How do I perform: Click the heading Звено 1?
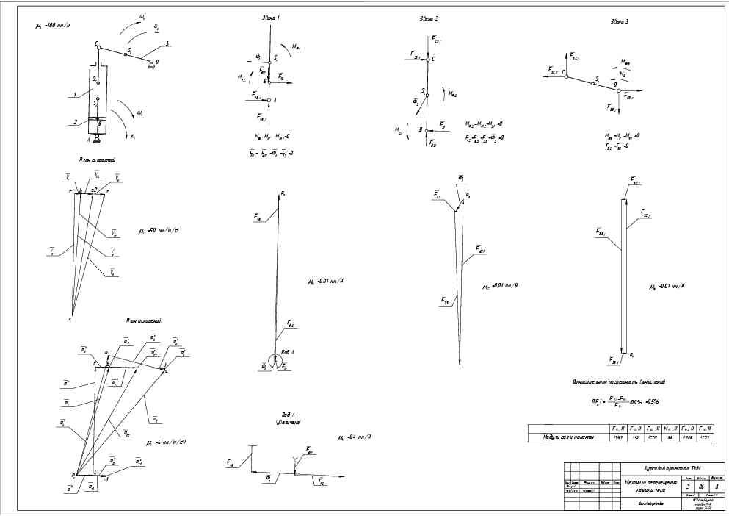(x=270, y=16)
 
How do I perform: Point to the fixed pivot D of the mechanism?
(x=150, y=62)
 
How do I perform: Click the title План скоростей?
(x=95, y=159)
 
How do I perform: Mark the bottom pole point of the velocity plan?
(x=71, y=317)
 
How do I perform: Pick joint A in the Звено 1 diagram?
(x=269, y=99)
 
